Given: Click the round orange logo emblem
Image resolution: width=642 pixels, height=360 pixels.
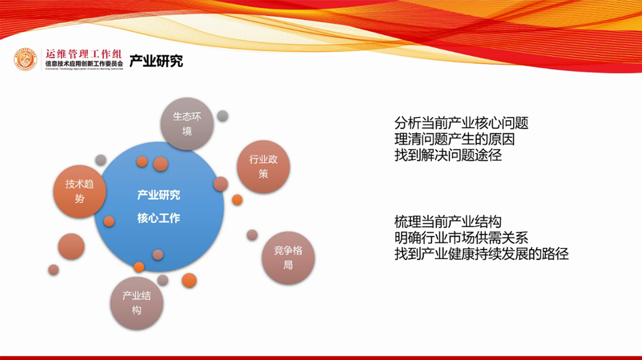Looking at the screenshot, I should pyautogui.click(x=26, y=59).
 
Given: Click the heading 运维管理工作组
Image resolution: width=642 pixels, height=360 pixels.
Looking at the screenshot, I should pyautogui.click(x=83, y=54).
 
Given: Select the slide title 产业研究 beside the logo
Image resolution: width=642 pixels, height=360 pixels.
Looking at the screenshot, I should pyautogui.click(x=156, y=61).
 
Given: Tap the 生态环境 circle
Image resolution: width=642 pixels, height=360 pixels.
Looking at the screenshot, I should pyautogui.click(x=187, y=124).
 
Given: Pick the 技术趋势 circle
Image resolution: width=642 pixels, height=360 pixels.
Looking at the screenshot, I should pyautogui.click(x=80, y=191).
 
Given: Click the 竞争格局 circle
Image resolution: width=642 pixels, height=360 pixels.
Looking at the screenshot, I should pyautogui.click(x=288, y=257).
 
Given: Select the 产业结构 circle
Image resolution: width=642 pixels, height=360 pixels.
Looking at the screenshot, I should pyautogui.click(x=137, y=302).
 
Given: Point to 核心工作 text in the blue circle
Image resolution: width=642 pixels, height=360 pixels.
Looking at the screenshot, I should pyautogui.click(x=158, y=218).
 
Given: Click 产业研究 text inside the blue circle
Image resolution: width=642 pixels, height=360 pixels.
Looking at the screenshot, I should pyautogui.click(x=158, y=195).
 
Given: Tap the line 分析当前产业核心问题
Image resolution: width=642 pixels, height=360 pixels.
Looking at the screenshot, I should pyautogui.click(x=461, y=124).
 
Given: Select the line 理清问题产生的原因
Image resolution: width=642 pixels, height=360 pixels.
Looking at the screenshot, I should pyautogui.click(x=454, y=140).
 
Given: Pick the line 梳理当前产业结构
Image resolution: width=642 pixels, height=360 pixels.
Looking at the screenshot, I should pyautogui.click(x=448, y=221).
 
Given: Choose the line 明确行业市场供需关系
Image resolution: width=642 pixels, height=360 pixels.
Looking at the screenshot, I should pyautogui.click(x=461, y=237).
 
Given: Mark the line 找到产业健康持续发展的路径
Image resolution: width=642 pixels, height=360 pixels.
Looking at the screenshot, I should pyautogui.click(x=481, y=253).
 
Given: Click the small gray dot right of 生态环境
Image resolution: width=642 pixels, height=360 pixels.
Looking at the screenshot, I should pyautogui.click(x=223, y=116).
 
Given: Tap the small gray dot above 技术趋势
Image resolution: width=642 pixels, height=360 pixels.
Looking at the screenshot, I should pyautogui.click(x=101, y=160).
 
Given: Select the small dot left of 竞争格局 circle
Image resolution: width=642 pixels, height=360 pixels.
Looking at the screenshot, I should pyautogui.click(x=252, y=235).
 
